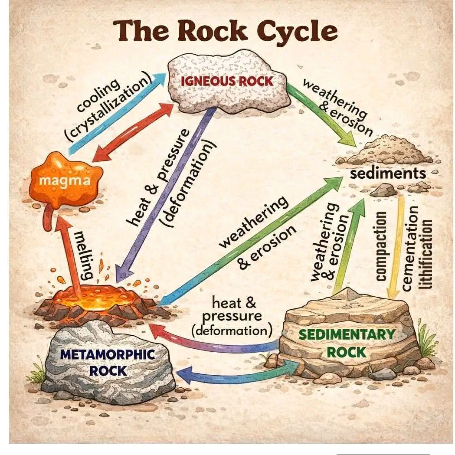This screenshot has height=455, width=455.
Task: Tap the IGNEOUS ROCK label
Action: click(x=227, y=81)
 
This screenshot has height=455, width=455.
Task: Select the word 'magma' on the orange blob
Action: click(x=65, y=181)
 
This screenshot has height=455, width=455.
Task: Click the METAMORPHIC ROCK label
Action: click(x=108, y=363)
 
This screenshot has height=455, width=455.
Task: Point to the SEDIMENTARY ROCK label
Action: click(x=347, y=343)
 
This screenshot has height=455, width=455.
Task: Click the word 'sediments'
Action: click(x=388, y=173)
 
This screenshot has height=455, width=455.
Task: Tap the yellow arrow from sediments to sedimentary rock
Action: click(x=397, y=247)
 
